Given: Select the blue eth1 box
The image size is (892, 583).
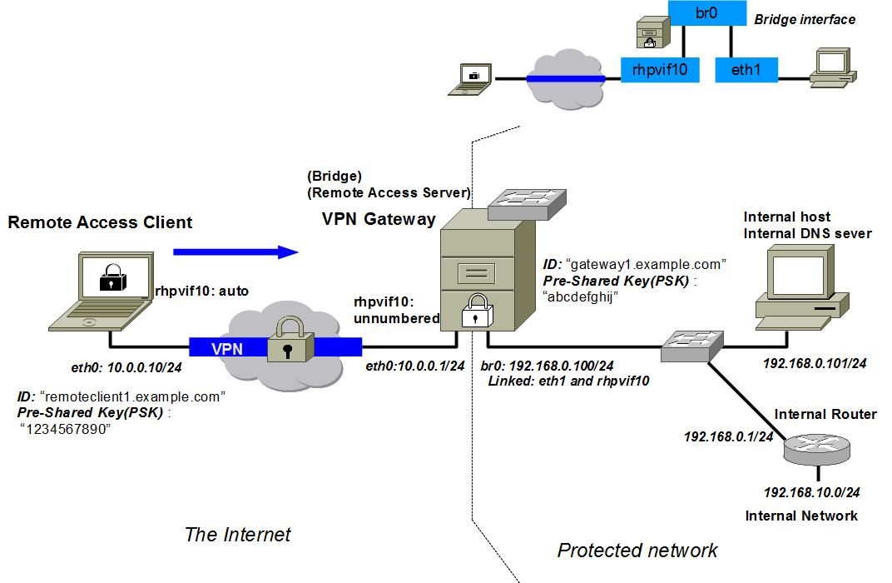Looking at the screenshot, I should pos(746,70).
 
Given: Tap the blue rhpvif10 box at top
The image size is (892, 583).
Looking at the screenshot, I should pos(659,70).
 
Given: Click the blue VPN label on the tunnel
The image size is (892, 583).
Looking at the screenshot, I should pos(227,349).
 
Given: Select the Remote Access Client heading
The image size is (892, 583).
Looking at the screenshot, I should pos(100,222).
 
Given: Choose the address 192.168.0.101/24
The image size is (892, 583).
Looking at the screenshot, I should pos(815,364).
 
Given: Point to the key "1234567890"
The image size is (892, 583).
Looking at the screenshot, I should pos(65,429).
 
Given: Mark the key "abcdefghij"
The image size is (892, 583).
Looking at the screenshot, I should pos(579,298).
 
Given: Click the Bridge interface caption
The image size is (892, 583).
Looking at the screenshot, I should pos(805,19).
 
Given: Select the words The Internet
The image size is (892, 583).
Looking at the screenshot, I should pos(238,534).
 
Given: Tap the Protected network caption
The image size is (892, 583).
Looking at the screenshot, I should pos(637,550).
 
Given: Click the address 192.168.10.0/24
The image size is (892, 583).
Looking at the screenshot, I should pos(812,492).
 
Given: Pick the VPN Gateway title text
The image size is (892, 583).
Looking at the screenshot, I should pos(379,219).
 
